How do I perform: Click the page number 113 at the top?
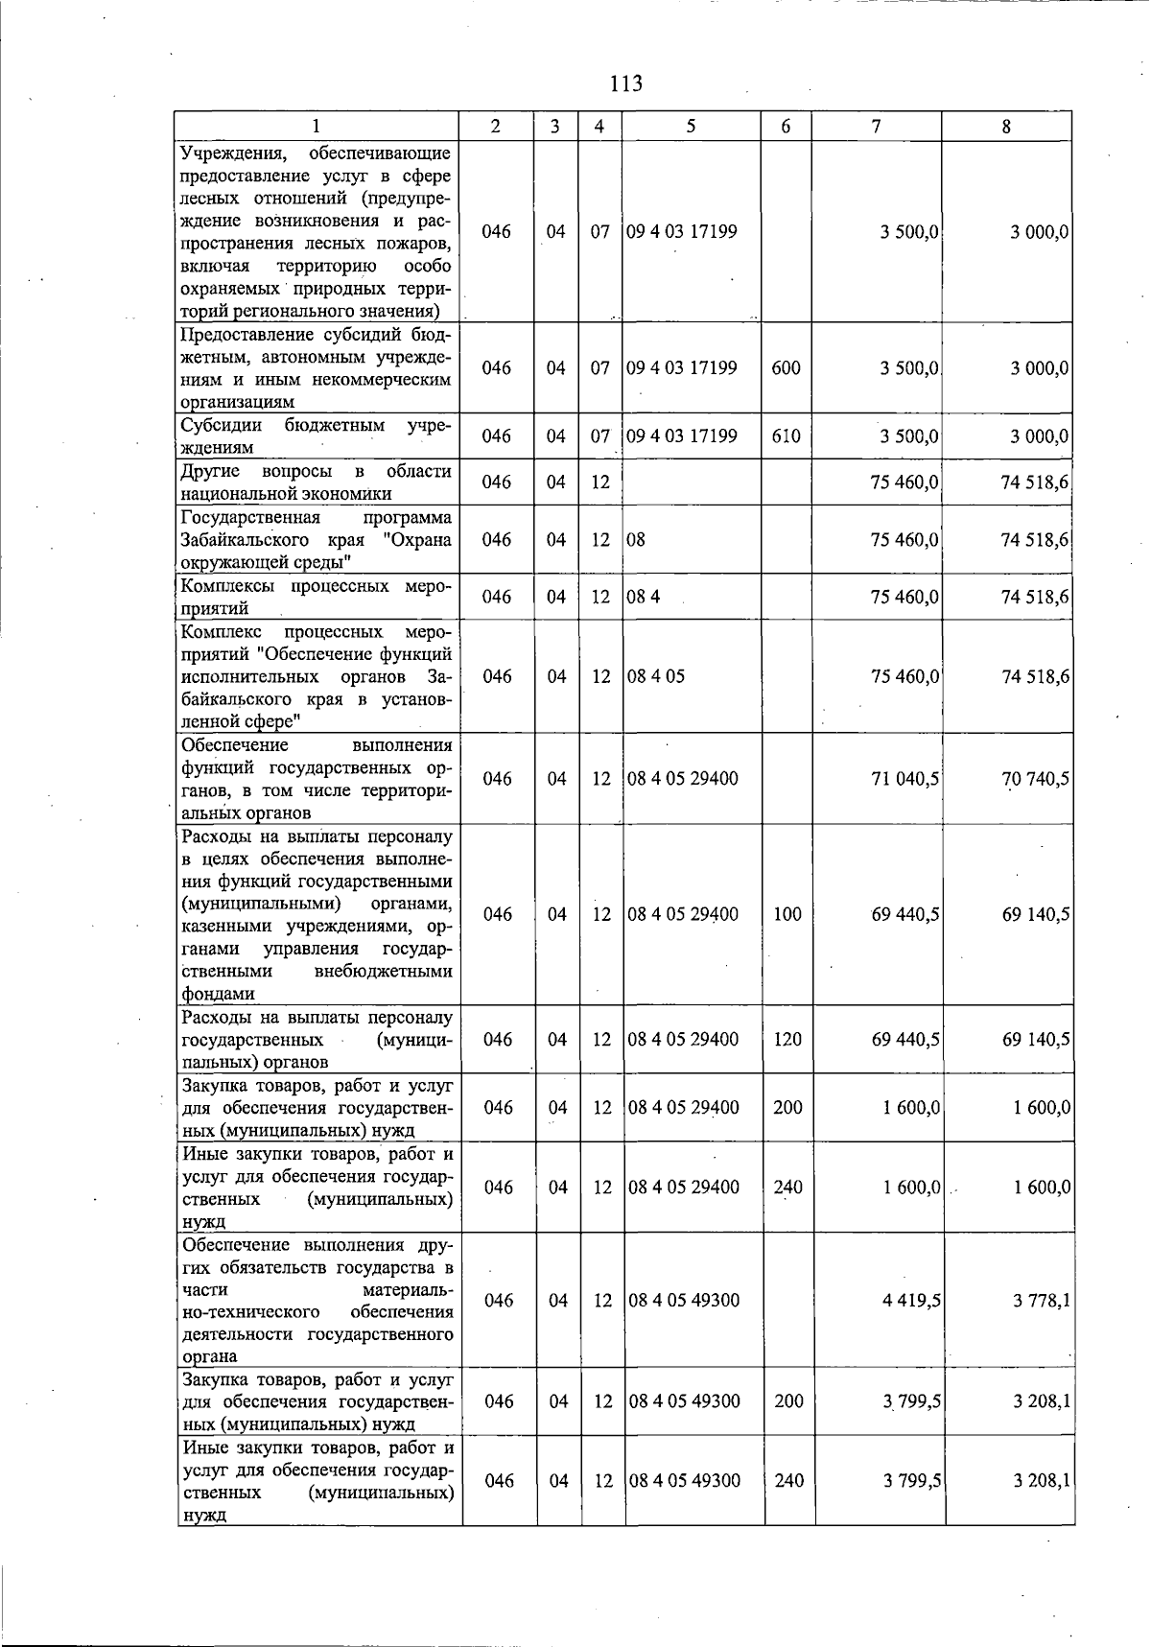coord(625,83)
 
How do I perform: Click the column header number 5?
coord(691,126)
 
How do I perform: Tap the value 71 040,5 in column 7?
coord(904,779)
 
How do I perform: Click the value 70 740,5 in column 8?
coord(1035,779)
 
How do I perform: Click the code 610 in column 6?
coord(786,436)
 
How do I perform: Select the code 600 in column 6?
coord(786,368)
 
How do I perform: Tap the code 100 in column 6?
coord(787,914)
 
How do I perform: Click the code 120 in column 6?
coord(787,1039)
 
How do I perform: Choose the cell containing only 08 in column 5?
coord(636,539)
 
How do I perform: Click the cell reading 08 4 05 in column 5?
coord(656,676)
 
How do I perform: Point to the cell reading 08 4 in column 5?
coord(643,597)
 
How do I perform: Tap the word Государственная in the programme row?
coord(250,517)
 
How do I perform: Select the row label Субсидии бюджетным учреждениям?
coord(316,435)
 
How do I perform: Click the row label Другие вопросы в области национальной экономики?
coord(316,482)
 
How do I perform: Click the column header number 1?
coord(316,126)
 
